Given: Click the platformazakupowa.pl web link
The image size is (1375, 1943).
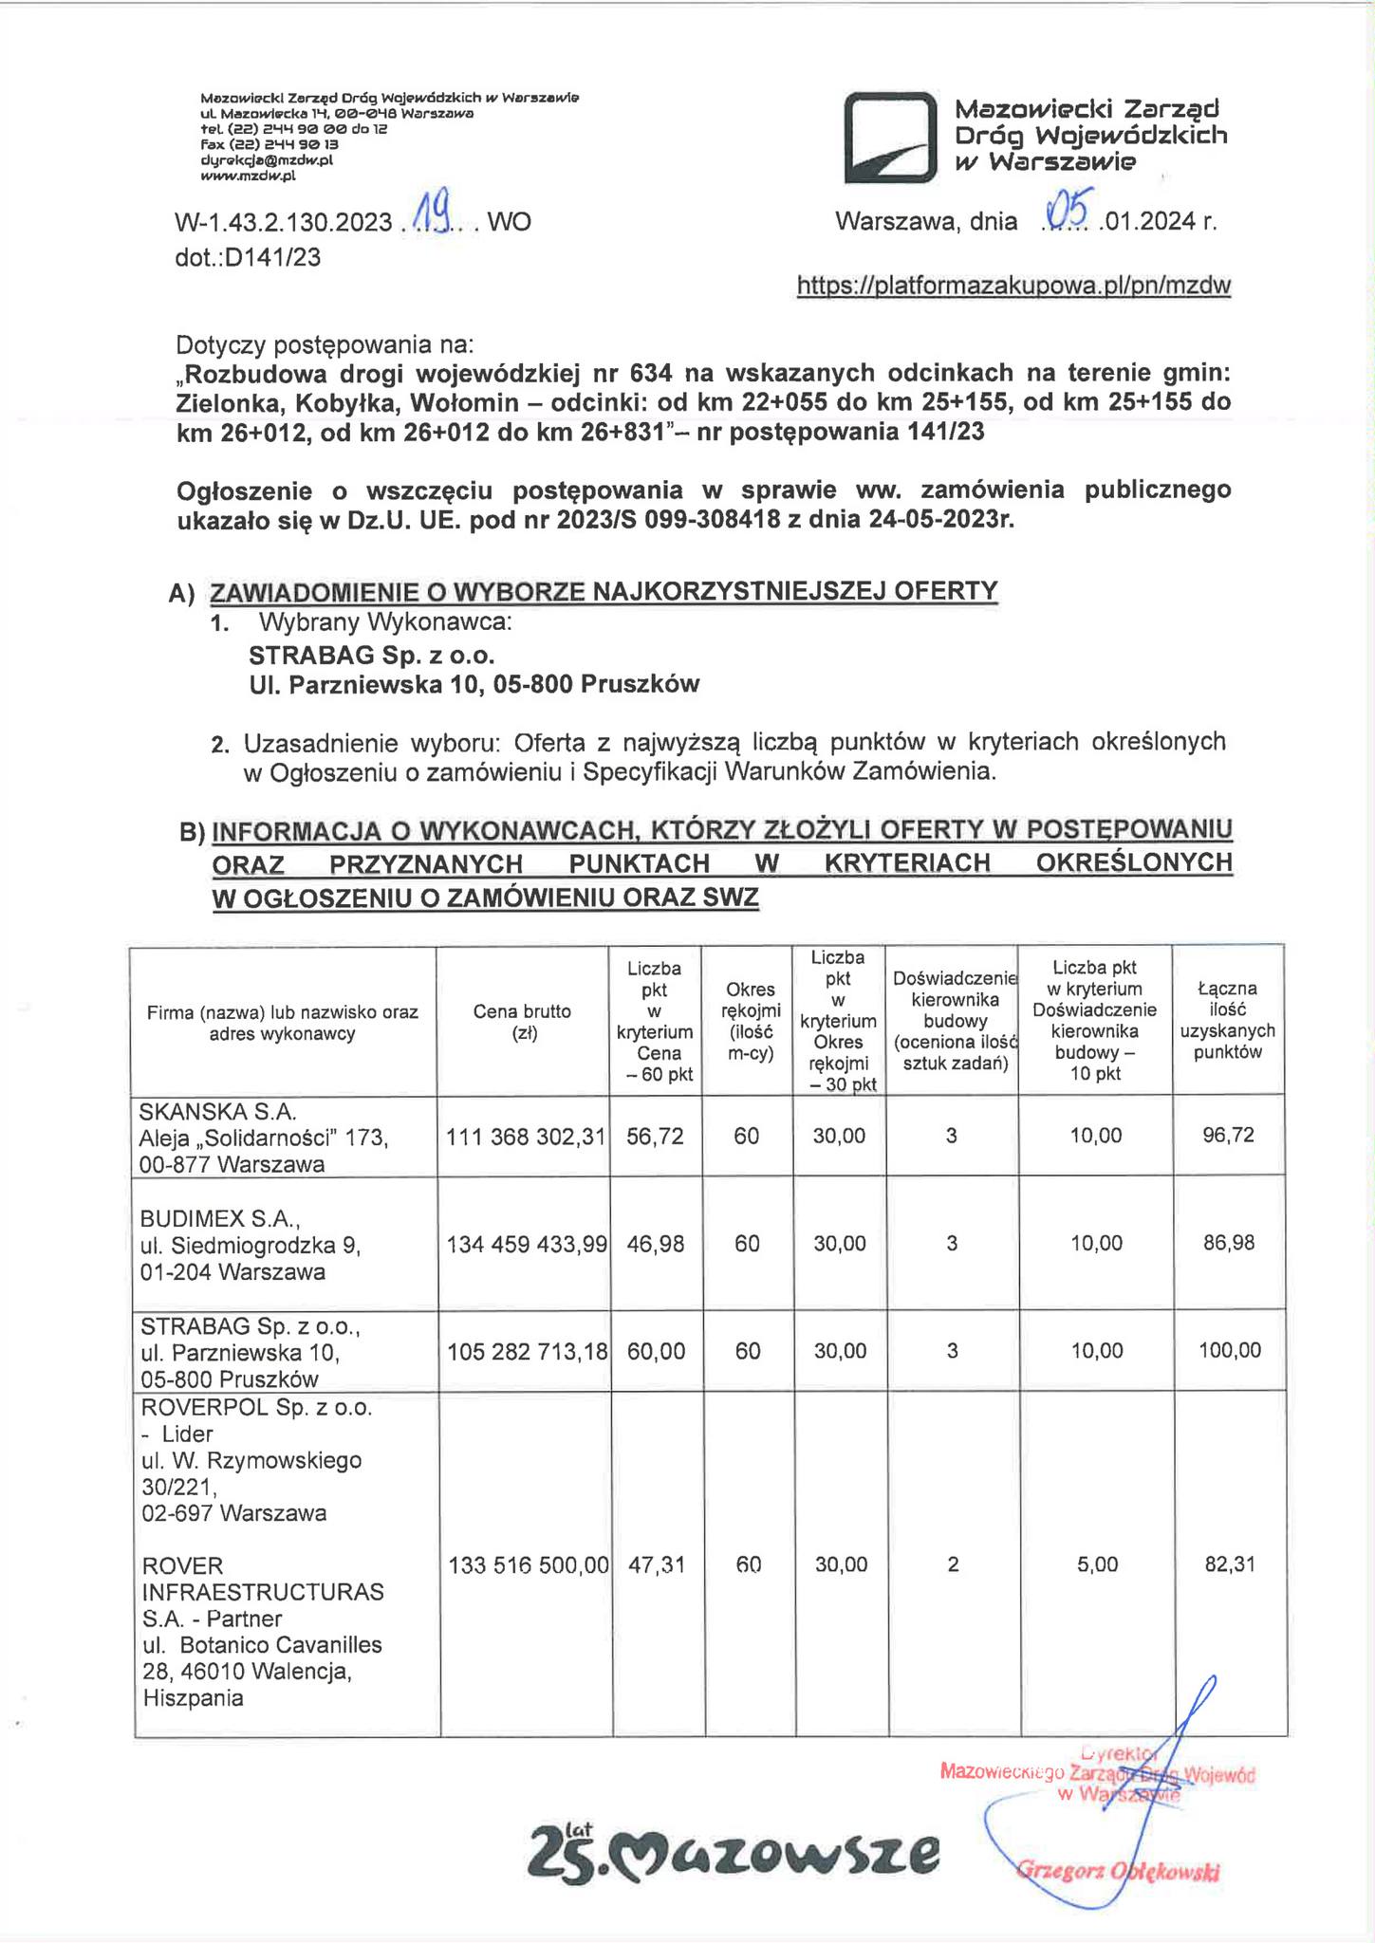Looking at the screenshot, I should (x=1013, y=286).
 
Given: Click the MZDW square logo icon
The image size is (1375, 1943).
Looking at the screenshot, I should (x=890, y=138).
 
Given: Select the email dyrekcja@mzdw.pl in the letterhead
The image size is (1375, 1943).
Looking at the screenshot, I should (x=267, y=160).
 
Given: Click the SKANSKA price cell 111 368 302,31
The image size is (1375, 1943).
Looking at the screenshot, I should (x=526, y=1136).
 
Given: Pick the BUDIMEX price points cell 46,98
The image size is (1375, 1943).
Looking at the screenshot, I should (x=656, y=1243).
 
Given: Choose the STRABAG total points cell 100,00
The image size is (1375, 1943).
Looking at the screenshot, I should (x=1230, y=1350).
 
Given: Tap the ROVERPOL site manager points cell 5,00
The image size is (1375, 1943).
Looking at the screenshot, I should (x=1097, y=1564).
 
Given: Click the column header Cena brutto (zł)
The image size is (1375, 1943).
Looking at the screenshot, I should (x=522, y=1022).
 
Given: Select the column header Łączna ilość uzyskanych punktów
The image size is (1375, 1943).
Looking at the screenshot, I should (x=1228, y=1021).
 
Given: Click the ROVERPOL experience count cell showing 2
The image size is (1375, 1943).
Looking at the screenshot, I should (x=953, y=1564).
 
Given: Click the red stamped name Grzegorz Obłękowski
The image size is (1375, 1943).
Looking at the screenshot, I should (x=1118, y=1871).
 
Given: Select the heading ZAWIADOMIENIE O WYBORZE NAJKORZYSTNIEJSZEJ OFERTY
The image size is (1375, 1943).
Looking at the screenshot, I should (x=604, y=591).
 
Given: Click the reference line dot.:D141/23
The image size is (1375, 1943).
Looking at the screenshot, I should (x=248, y=256).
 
